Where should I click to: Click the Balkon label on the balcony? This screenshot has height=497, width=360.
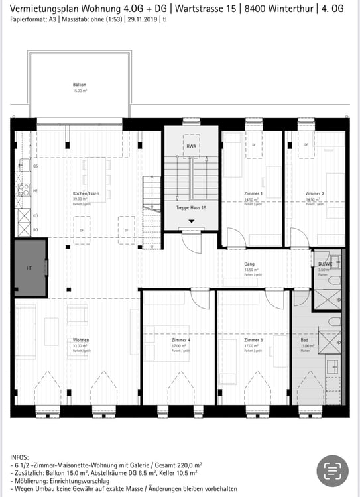pos(80,84)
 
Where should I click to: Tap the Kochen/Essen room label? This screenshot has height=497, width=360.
pos(86,193)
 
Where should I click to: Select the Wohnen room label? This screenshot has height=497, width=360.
pos(81,340)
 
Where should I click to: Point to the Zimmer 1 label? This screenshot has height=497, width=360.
pos(253,193)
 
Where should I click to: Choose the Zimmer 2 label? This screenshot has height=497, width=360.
pos(315,193)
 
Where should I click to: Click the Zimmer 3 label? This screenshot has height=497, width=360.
pos(253,340)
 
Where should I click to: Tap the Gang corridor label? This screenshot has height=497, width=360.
pos(249,264)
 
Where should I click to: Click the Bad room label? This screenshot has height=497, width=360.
pos(306,340)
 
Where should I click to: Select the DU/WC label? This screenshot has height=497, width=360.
pos(324,264)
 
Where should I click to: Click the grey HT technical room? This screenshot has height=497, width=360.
pos(30,268)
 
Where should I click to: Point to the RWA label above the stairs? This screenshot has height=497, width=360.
pos(191,146)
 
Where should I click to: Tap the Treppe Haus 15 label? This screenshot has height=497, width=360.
pos(192,208)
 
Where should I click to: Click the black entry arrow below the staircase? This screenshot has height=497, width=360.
pos(192,221)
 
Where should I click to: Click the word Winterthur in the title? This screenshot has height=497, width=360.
pos(288,8)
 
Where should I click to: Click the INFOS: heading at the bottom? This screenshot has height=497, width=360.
pos(20,458)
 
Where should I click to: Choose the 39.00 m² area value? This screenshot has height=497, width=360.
pos(80,199)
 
